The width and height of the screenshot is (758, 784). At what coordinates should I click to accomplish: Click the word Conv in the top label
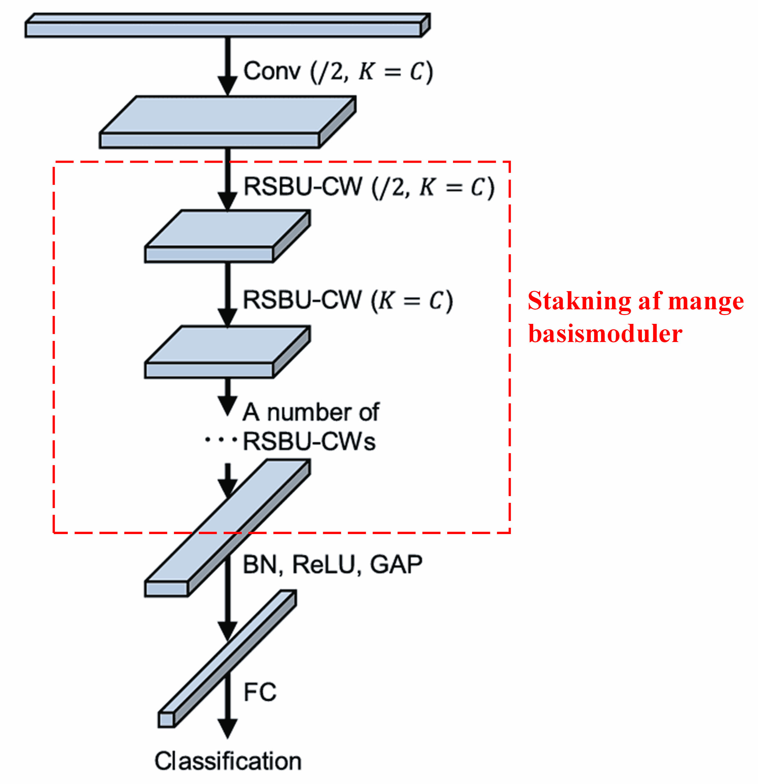271,71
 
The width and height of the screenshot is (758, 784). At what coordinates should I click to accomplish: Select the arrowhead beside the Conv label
227,85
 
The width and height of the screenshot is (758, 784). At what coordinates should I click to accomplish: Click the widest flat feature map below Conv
228,120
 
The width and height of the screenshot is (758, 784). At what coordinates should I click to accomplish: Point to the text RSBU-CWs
309,442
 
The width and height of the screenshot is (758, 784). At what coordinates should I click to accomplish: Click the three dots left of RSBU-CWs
221,440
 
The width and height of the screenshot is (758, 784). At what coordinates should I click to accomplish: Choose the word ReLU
324,565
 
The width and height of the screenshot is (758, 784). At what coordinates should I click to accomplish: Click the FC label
260,693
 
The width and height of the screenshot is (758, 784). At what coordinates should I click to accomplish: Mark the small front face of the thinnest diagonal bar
166,720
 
